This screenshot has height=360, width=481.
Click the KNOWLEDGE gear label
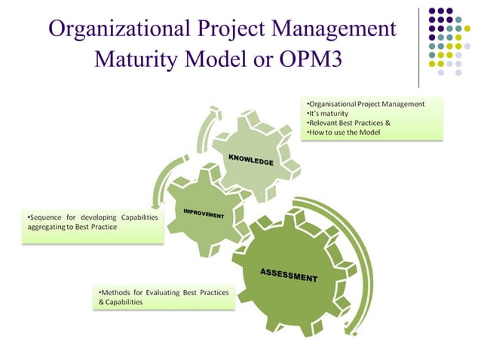point(251,160)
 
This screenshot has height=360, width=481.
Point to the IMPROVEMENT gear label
point(204,213)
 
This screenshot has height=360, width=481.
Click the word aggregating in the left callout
point(40,227)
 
